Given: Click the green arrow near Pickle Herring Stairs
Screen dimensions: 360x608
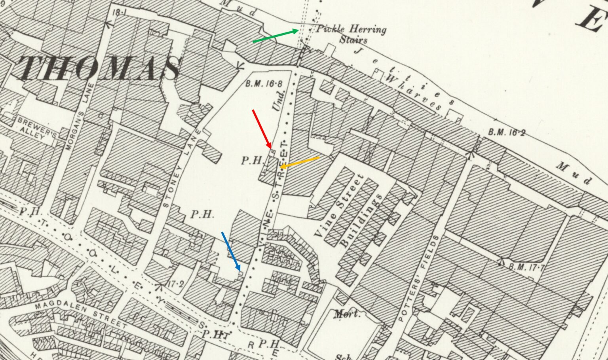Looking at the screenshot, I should coord(276,36).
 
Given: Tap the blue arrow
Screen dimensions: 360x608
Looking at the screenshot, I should coord(231,251).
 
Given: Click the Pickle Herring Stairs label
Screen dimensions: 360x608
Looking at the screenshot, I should coord(350,34).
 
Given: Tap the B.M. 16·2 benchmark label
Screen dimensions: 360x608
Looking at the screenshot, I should coord(506,133).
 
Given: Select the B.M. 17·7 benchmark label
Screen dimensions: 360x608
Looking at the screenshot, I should coord(524,268).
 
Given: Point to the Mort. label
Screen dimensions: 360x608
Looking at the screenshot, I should coord(348,315).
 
